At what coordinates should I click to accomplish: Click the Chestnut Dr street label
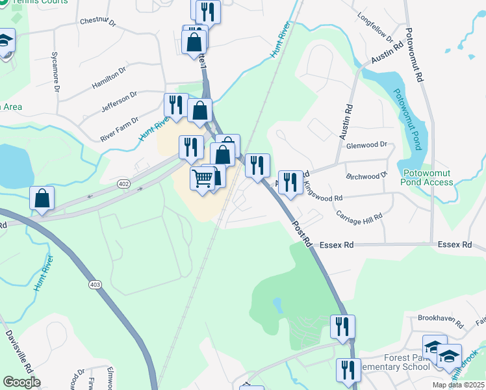(x=97, y=21)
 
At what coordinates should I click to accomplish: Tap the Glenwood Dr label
(x=366, y=145)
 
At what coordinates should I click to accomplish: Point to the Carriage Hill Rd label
(x=359, y=217)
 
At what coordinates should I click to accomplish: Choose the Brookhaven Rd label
(x=440, y=318)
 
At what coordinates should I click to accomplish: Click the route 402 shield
(x=123, y=185)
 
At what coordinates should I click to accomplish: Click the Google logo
(x=21, y=382)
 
